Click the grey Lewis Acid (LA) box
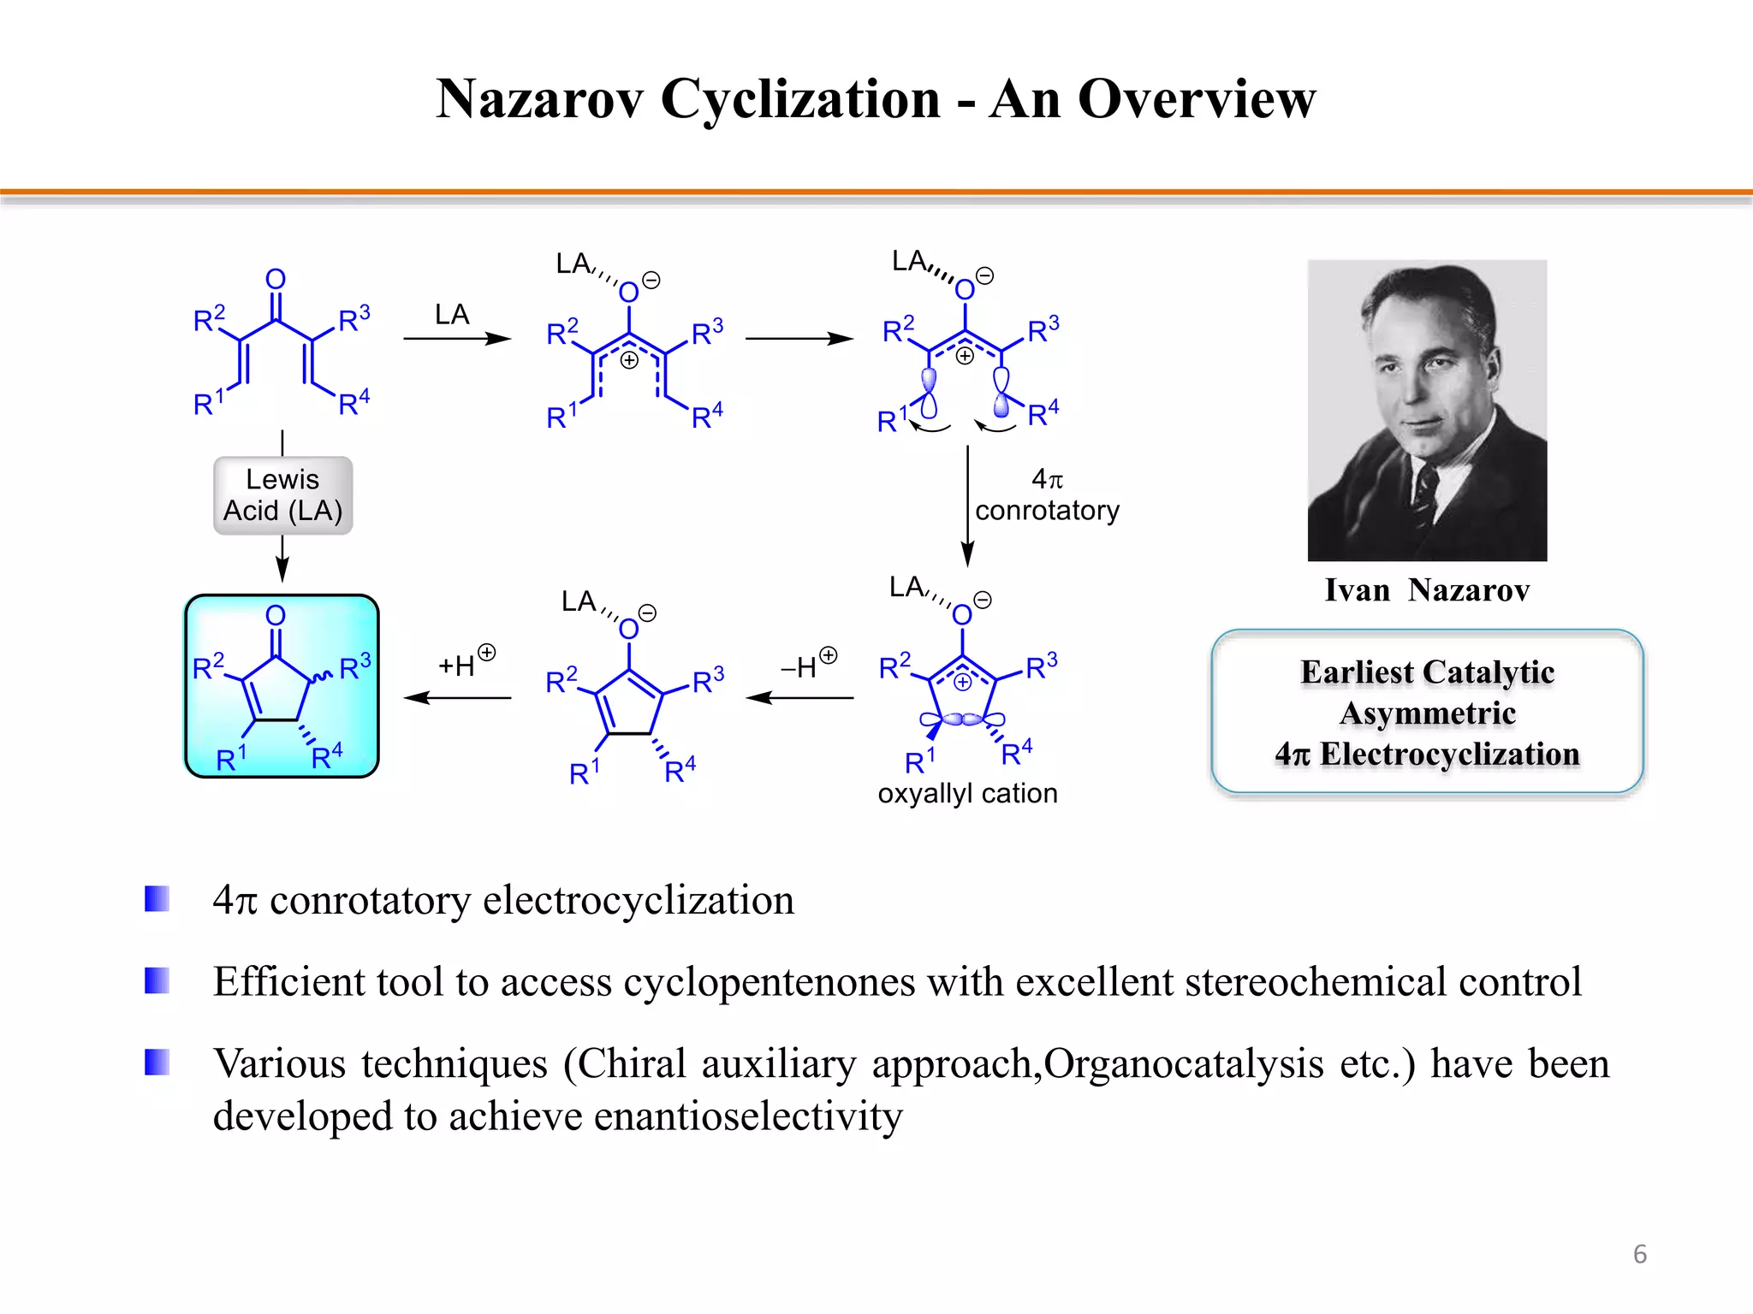tap(282, 495)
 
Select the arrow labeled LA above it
tap(457, 339)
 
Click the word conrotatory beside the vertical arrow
tap(1047, 511)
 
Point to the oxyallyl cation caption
tap(967, 793)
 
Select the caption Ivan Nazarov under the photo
tap(1427, 590)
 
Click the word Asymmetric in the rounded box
tap(1428, 713)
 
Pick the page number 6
tap(1639, 1254)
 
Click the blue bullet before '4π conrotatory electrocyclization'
tap(157, 899)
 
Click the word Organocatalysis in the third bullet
tap(1183, 1063)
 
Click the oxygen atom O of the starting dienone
tap(275, 279)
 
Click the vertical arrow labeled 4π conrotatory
tap(967, 505)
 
